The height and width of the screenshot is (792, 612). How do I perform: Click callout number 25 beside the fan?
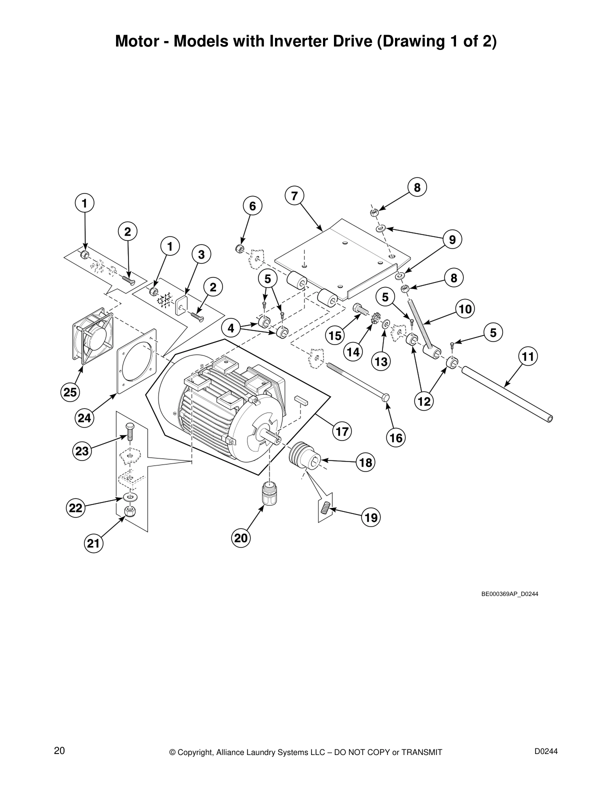[70, 392]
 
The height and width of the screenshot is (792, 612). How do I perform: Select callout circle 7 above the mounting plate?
[294, 196]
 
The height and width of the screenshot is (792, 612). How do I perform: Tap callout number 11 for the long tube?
[528, 356]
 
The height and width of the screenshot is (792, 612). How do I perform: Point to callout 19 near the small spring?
[371, 517]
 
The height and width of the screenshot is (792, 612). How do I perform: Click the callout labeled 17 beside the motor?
[342, 431]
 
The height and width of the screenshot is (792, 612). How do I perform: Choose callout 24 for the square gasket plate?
[84, 417]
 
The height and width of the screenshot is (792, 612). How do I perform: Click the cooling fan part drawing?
[92, 335]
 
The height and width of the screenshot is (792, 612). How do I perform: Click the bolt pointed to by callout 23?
[129, 432]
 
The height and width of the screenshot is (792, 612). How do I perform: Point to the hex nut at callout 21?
[130, 511]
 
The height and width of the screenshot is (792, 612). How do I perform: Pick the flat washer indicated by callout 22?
[130, 498]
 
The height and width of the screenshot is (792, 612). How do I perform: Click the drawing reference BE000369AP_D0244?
[509, 594]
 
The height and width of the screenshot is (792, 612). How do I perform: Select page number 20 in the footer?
[59, 751]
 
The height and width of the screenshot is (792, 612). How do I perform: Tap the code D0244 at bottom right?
[546, 751]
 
